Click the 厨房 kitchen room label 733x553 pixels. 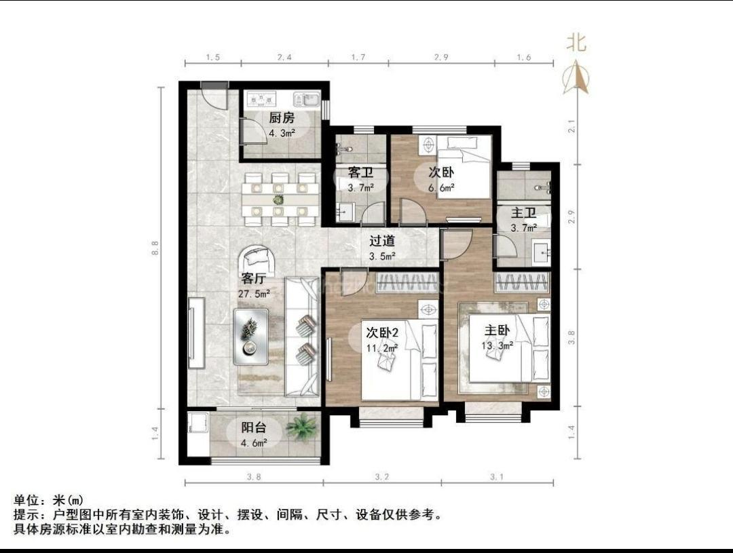click(282, 118)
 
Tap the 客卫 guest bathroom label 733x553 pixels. click(360, 172)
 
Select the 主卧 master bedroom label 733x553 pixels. click(497, 330)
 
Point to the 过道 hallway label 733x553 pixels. click(382, 241)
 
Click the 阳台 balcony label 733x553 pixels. click(254, 427)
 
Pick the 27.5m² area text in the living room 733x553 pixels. click(255, 294)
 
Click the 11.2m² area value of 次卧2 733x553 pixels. click(381, 348)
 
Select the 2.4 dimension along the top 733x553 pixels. click(284, 58)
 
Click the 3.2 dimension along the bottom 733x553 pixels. click(381, 477)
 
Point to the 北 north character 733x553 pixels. click(576, 43)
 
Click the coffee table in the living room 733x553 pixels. click(251, 337)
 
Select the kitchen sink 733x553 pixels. click(306, 99)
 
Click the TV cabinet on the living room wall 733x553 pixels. click(197, 333)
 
